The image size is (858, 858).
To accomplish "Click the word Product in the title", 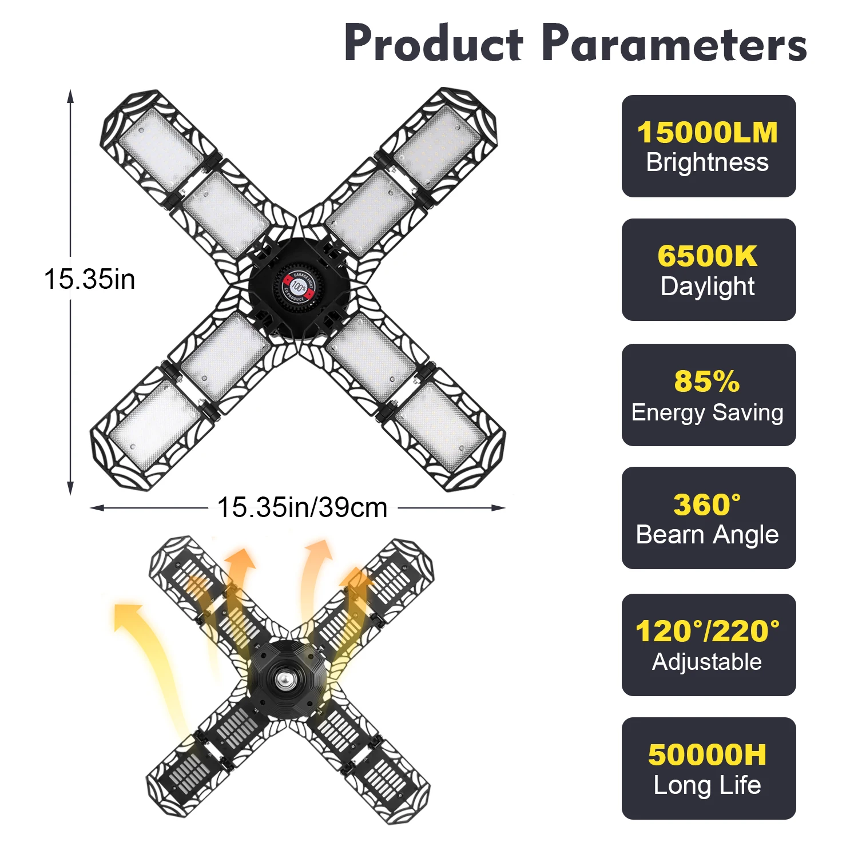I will pos(433,44).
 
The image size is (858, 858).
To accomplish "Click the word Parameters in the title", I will pos(674,44).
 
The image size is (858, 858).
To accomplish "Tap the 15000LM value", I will pos(708,133).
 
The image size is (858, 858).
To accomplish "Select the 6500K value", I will pos(708,256).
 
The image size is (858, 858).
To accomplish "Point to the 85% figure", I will pos(707,382).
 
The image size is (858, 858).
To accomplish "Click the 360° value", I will pos(707,505).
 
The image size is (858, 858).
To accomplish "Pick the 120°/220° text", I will pos(708,631).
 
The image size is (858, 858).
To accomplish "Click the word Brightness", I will pos(708,162).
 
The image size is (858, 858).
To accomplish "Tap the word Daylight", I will pos(708,287).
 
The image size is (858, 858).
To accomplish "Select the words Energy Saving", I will pos(708,412).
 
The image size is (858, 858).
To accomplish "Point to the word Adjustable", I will pos(708,662).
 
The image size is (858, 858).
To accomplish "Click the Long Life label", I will pos(708,785).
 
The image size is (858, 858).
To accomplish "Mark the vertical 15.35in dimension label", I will pos(90,280).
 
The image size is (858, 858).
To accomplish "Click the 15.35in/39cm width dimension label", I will pos(302,507).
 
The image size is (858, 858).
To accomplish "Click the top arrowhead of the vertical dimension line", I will pos(70,95).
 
